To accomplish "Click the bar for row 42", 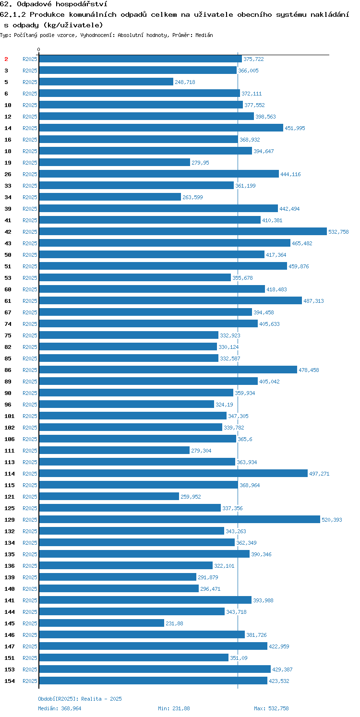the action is [183, 231].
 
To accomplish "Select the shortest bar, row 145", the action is [102, 623].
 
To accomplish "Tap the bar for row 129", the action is [180, 519].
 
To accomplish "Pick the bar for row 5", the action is [106, 82].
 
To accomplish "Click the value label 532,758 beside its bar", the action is [338, 232].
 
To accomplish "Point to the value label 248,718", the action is [185, 82].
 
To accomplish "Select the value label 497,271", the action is [319, 474].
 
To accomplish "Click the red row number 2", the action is [6, 59].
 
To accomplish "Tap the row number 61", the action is [8, 301].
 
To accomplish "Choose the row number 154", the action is [9, 681].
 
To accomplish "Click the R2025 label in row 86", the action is [30, 370].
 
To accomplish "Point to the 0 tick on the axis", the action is [39, 49].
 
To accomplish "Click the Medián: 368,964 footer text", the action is [60, 708].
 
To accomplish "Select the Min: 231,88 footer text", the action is [174, 708].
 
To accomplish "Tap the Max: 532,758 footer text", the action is [271, 708].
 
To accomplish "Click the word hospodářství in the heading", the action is [81, 4].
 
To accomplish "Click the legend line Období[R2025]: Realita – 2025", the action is [80, 699].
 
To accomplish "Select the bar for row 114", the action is [173, 473].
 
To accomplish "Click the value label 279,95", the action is [200, 163].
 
